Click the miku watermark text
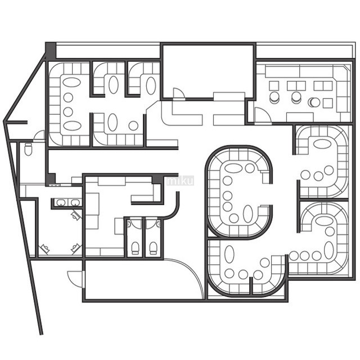pos(180,181)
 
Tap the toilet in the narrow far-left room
pos(28,148)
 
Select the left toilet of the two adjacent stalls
pos(135,247)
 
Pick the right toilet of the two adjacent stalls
pos(153,247)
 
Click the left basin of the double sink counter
pos(61,202)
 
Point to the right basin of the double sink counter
pos(75,202)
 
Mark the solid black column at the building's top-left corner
pos(51,51)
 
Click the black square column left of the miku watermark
pos(157,179)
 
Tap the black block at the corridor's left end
pos(51,179)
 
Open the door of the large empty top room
pos(179,94)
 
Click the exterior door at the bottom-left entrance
pos(76,279)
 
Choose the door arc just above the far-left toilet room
pos(39,135)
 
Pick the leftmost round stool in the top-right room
pos(274,97)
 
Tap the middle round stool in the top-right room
pos(296,97)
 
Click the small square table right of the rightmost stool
pos(328,103)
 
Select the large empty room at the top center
pos(208,71)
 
